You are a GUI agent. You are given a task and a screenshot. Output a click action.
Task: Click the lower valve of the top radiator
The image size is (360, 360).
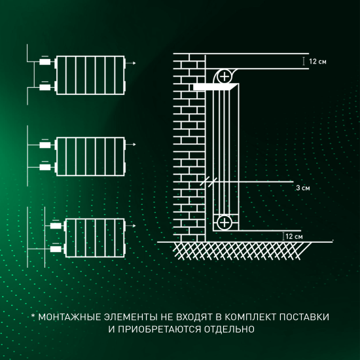[45, 87]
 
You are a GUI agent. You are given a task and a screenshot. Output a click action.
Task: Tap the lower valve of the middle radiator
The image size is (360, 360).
[45, 168]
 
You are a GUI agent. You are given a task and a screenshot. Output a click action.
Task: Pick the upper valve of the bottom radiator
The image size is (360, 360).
[56, 225]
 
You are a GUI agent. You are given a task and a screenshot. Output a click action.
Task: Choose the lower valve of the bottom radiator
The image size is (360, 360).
[56, 249]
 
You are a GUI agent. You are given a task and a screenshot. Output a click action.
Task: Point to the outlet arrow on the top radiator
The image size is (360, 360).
[134, 63]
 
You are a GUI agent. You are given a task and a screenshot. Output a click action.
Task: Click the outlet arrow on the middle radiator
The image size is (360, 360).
[134, 144]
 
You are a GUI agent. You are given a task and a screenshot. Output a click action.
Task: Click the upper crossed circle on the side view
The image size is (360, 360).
[225, 77]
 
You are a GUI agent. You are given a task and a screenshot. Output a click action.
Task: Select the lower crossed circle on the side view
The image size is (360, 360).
[225, 223]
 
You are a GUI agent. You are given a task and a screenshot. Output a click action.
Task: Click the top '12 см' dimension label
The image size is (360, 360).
[317, 61]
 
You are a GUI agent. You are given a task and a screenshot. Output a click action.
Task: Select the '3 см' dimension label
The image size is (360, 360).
[302, 188]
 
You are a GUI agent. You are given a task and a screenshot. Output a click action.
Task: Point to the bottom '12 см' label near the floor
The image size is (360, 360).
[294, 236]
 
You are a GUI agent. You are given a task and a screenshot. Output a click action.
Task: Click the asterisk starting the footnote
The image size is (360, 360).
[33, 316]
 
